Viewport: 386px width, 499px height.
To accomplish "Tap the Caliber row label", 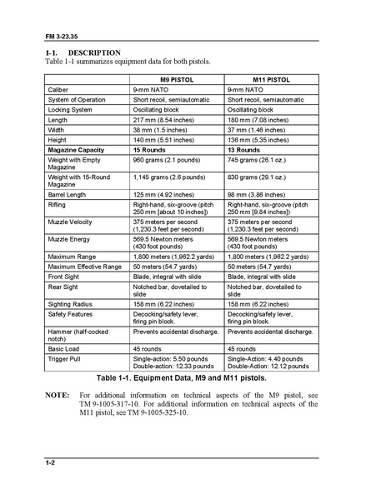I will coord(61,88).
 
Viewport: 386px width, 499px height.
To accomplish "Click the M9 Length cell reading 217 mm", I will coord(164,120).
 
